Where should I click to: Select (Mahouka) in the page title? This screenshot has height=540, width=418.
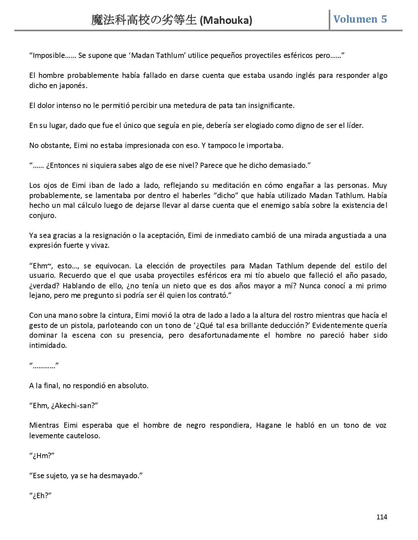coord(226,21)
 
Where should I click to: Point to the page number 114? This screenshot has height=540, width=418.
coord(382,517)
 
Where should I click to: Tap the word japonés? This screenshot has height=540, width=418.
coord(75,86)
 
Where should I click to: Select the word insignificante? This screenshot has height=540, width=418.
coord(271,106)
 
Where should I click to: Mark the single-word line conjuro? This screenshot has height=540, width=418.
coord(43,216)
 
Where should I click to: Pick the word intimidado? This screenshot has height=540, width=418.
coord(48,346)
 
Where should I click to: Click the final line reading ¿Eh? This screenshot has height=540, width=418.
coord(41,495)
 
